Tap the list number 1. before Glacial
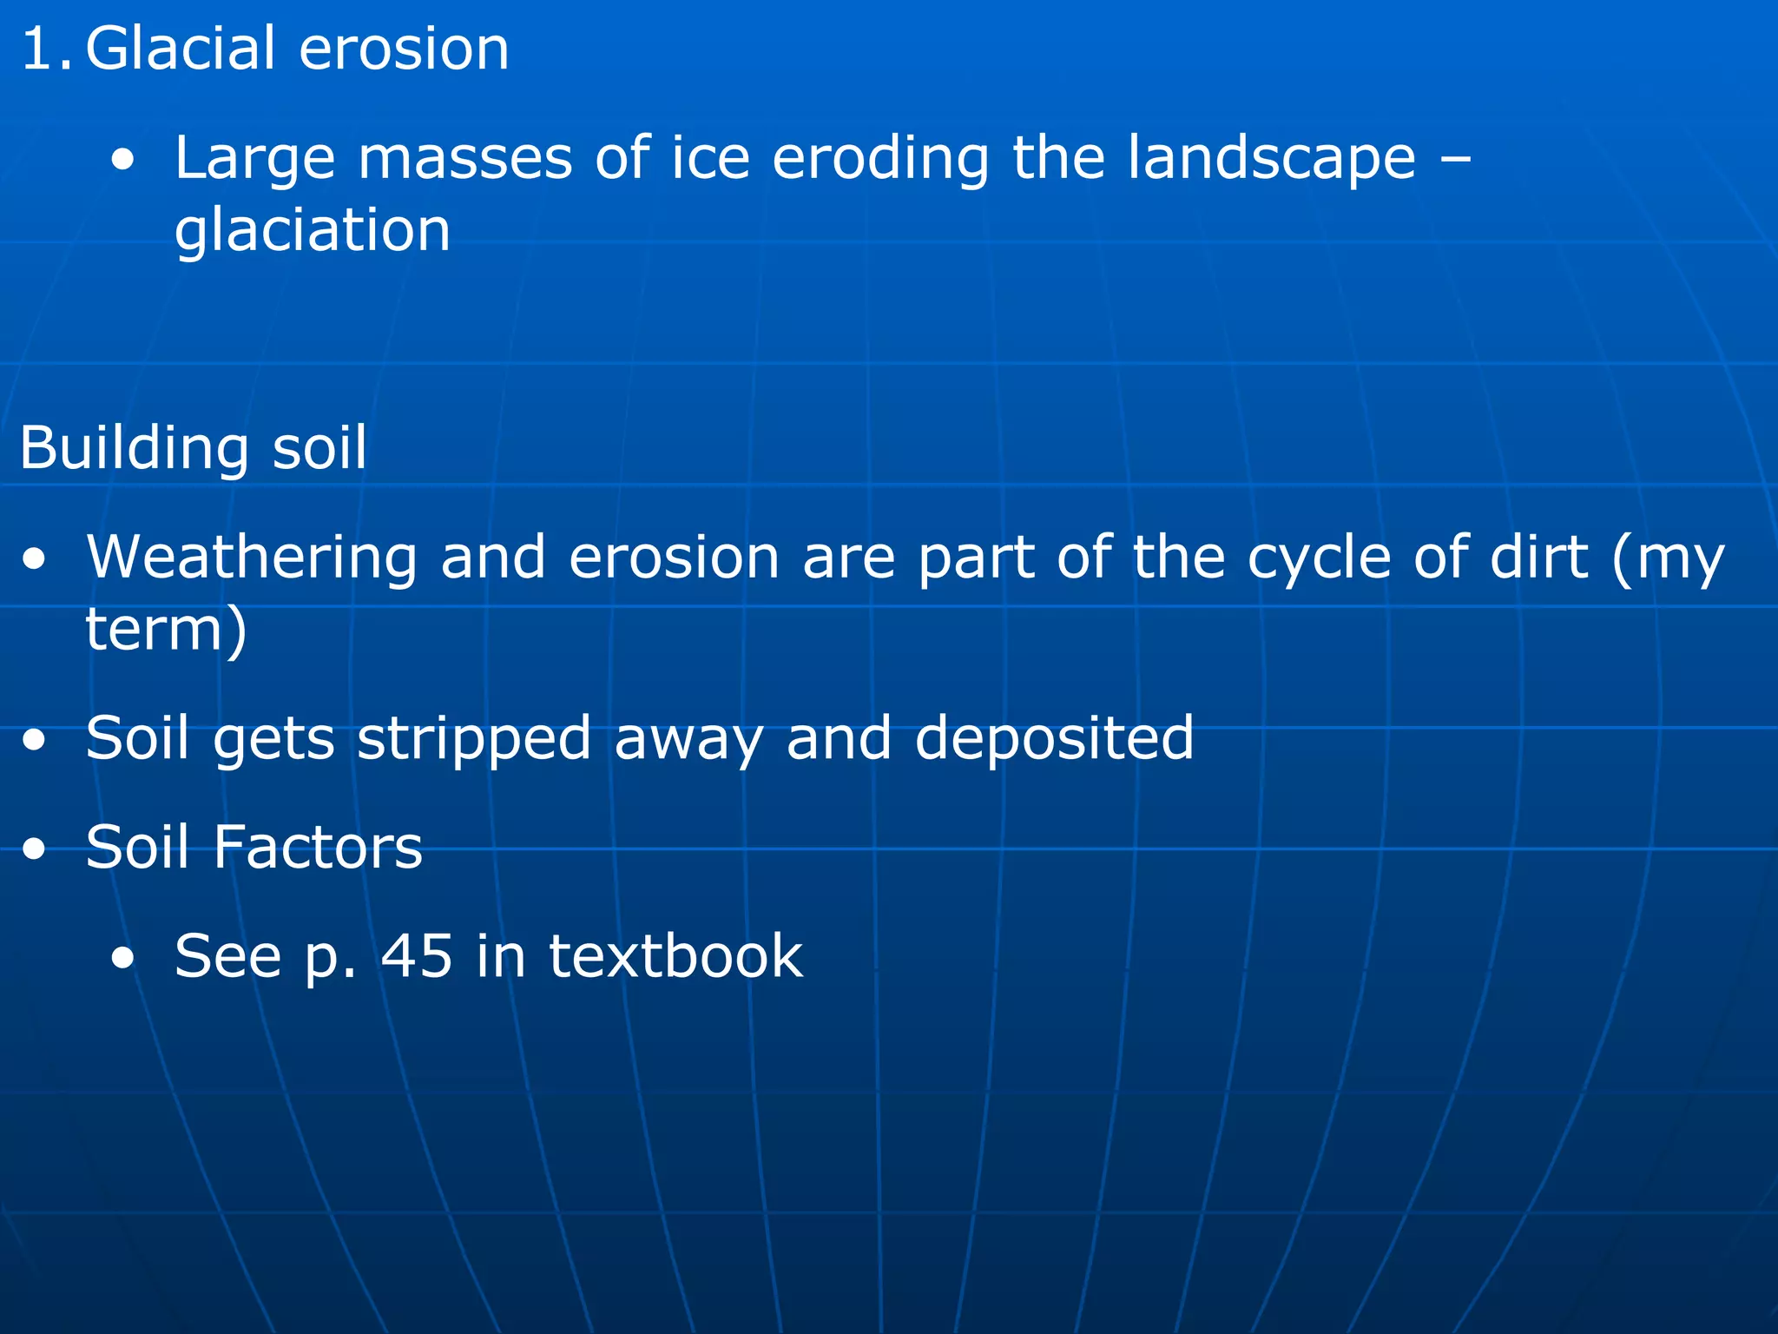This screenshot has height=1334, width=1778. [x=47, y=50]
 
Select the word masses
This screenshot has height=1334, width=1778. [x=464, y=158]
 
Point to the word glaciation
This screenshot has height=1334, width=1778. [x=313, y=231]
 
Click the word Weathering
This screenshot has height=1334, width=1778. [x=252, y=558]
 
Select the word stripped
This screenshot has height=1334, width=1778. [x=474, y=739]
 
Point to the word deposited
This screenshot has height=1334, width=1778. [x=1054, y=739]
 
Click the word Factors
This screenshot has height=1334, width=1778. [x=318, y=848]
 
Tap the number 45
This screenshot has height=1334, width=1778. [x=417, y=956]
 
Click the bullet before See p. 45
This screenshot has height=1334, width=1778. [x=123, y=959]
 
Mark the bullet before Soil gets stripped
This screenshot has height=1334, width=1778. [x=35, y=741]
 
